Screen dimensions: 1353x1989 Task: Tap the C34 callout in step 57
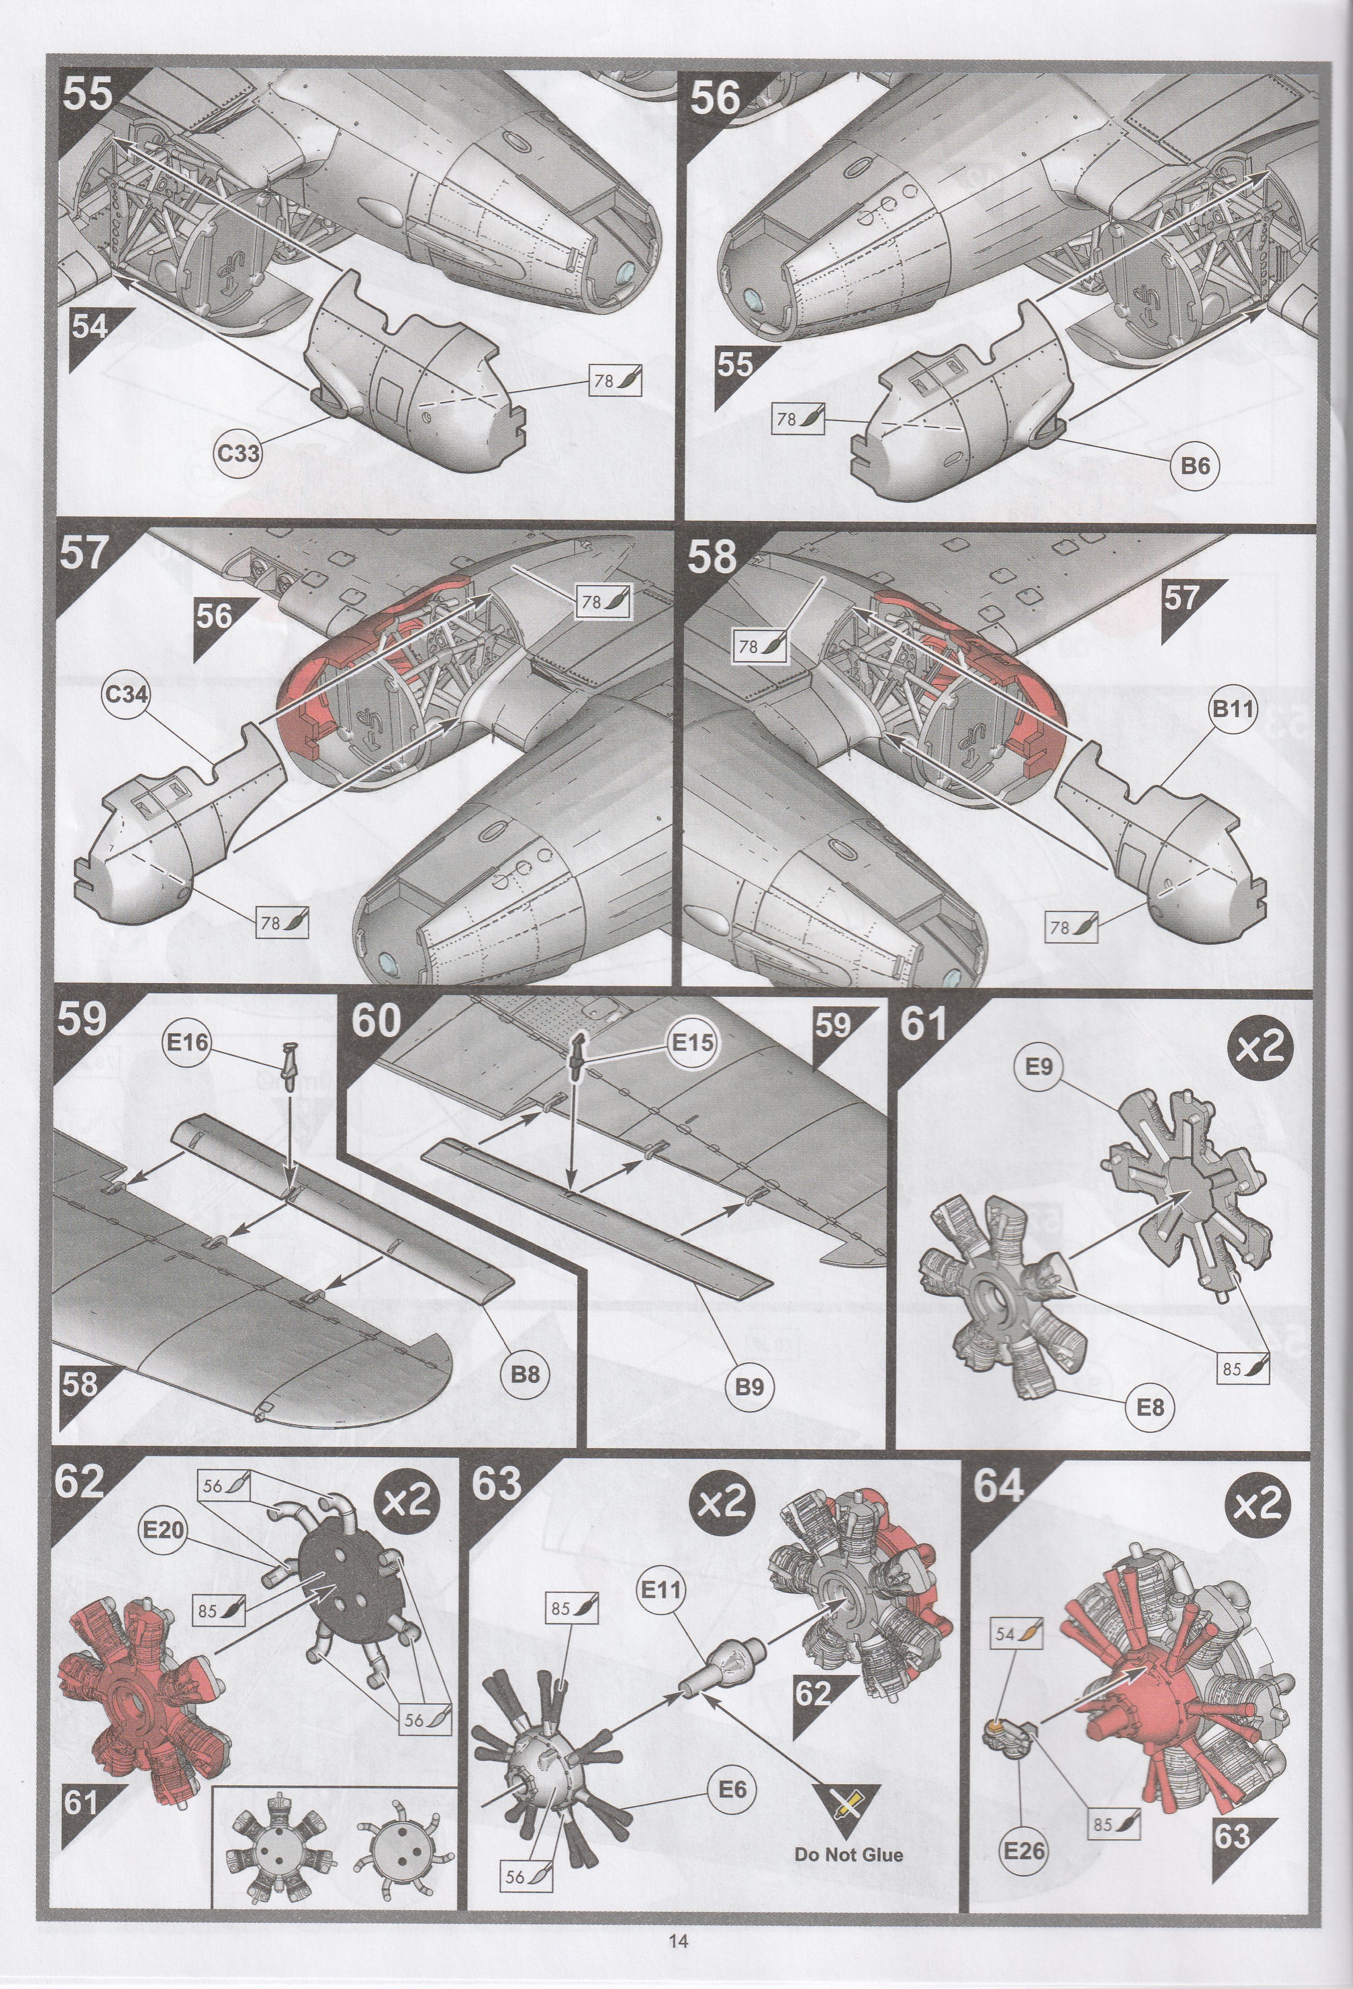126,694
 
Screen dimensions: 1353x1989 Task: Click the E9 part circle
1039,1067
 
